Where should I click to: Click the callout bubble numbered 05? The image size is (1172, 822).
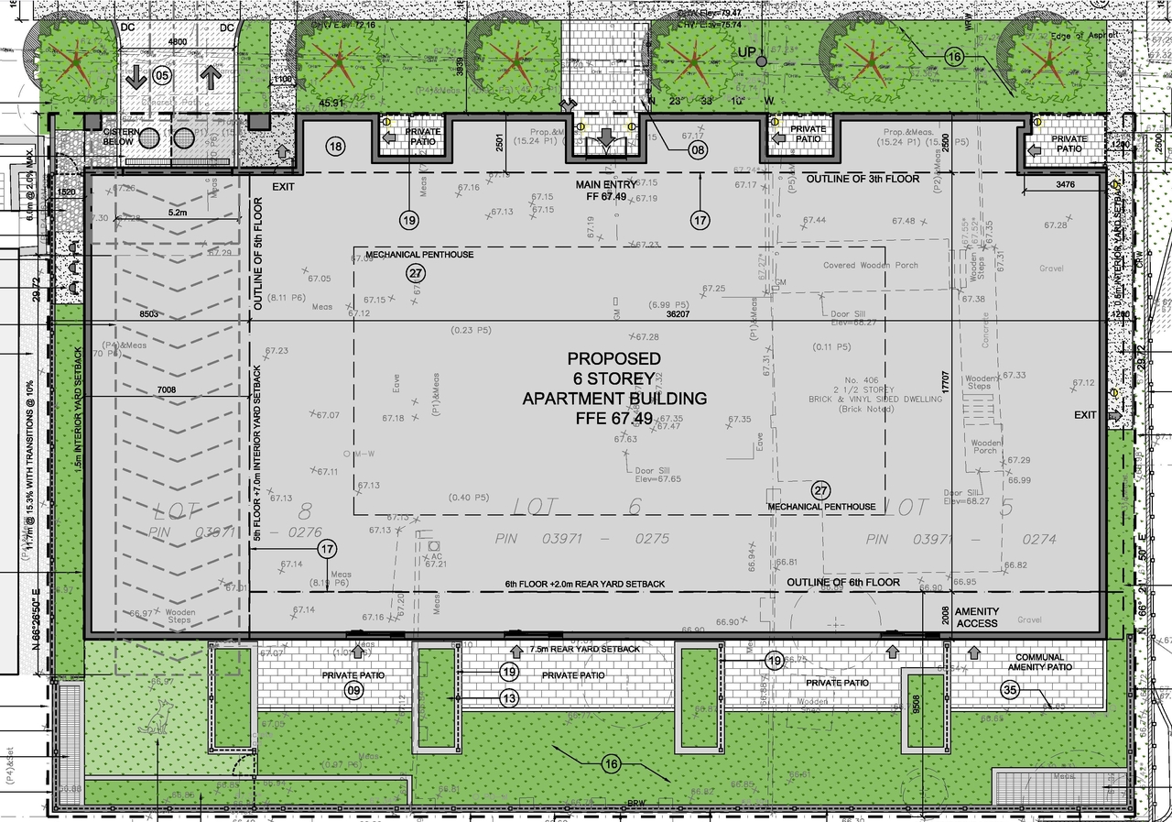162,76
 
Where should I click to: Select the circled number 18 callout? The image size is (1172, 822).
336,147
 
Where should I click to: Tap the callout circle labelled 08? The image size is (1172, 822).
699,149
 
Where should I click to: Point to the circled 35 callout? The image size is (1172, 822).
1011,691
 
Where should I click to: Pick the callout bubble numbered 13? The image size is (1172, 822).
510,698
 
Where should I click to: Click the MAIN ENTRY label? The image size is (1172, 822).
601,185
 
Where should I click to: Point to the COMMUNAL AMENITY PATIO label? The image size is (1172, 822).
1039,663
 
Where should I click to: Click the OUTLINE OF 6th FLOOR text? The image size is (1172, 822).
843,583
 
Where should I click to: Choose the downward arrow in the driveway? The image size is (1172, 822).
136,78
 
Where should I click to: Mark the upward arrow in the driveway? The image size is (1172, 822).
211,78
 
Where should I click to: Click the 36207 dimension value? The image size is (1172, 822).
678,313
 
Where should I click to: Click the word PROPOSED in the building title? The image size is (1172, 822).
613,358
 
